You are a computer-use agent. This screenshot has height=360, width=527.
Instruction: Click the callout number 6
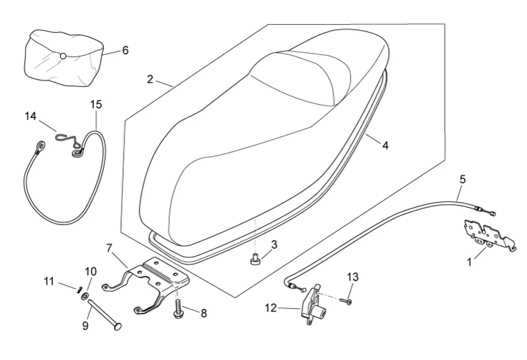tap(125, 50)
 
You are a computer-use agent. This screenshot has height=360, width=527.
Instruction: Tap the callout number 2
tap(150, 79)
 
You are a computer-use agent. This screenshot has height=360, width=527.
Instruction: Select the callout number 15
tap(96, 105)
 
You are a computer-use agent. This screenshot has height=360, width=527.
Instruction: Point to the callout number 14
tap(30, 116)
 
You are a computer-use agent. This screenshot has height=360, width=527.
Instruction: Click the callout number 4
tap(385, 146)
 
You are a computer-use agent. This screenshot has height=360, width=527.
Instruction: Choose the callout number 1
tap(469, 262)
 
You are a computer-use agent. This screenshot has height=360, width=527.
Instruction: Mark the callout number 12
tap(271, 308)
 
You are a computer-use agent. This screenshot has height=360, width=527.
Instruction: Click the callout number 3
tap(274, 245)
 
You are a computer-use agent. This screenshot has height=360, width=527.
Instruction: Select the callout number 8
tap(203, 313)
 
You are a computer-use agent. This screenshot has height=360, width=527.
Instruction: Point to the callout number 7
tap(109, 248)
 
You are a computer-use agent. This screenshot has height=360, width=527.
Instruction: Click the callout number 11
tap(49, 281)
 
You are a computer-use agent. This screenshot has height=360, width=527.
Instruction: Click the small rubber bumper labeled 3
tap(254, 262)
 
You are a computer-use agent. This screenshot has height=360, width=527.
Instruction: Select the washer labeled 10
tap(85, 296)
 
